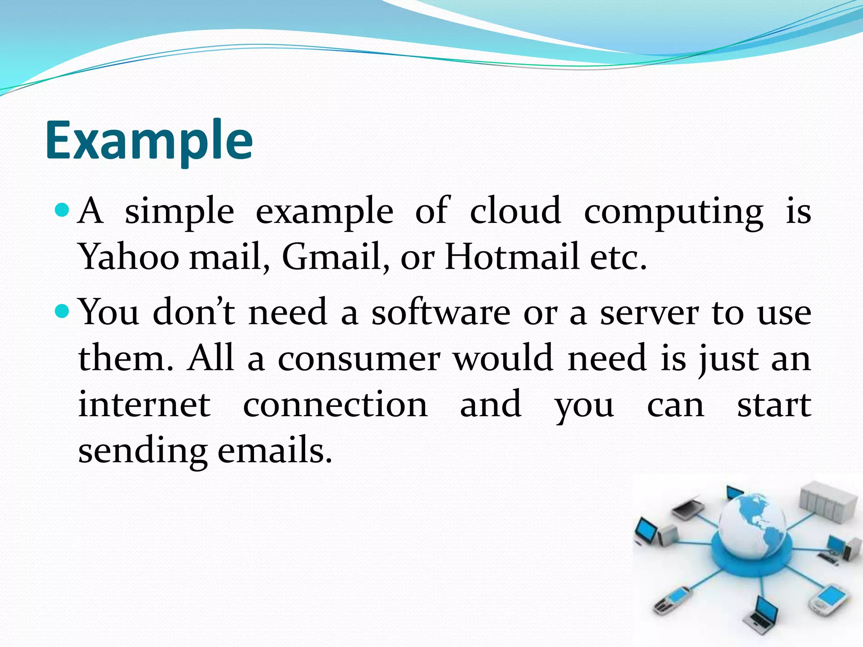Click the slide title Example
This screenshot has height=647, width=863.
[149, 141]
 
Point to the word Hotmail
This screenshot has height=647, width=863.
[511, 257]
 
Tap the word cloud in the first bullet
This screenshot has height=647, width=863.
[515, 210]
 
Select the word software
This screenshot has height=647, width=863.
[440, 313]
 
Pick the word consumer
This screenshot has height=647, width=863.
[359, 359]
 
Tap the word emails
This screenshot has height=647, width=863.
[274, 450]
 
